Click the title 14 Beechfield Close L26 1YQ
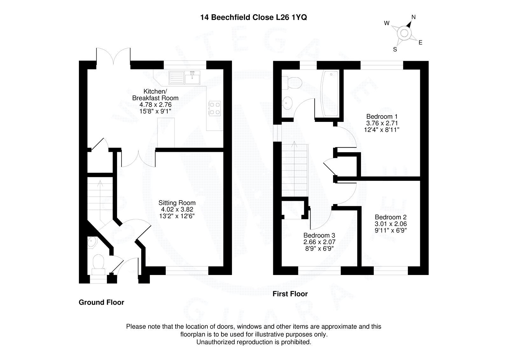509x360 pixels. (x=254, y=18)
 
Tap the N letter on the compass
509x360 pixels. (x=414, y=17)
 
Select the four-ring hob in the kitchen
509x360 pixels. (x=214, y=108)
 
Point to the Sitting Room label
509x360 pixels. (x=177, y=203)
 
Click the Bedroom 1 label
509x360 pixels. (x=382, y=116)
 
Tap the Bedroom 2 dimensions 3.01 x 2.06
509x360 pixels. (x=391, y=224)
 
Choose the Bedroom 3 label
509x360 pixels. (x=319, y=236)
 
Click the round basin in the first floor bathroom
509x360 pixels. (x=289, y=102)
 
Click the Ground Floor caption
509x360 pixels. (x=101, y=302)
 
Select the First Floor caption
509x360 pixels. (x=290, y=294)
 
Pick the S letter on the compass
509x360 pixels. (x=395, y=49)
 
